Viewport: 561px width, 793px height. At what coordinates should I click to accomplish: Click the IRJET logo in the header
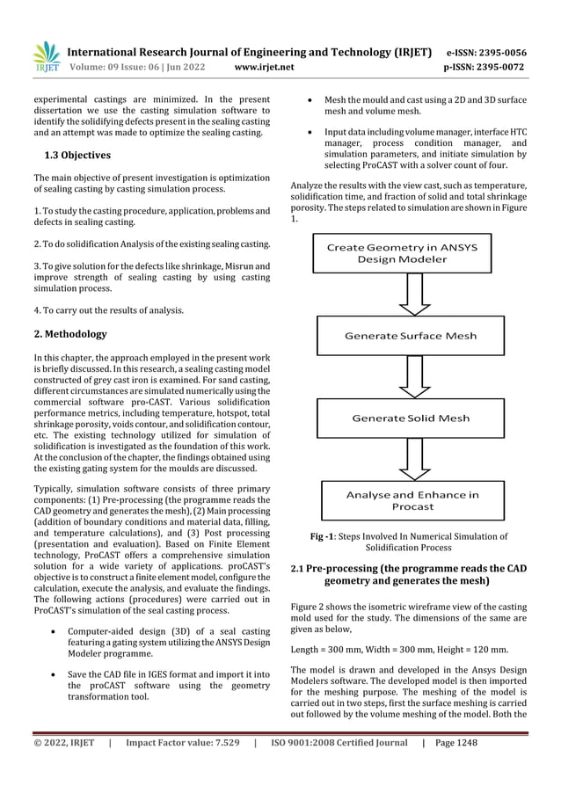coord(45,56)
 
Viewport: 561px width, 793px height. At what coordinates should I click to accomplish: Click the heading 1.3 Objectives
coord(77,156)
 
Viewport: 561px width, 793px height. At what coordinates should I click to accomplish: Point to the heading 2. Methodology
coord(70,334)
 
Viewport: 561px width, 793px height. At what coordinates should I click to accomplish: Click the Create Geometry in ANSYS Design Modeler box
coord(402,253)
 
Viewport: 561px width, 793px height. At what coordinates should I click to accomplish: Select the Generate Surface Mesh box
coord(411,336)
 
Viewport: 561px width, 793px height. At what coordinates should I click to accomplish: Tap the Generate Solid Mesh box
coord(411,418)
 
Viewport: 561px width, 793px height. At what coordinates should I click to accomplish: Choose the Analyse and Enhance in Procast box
coord(412,500)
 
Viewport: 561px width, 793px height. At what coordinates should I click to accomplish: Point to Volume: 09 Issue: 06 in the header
coord(120,67)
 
